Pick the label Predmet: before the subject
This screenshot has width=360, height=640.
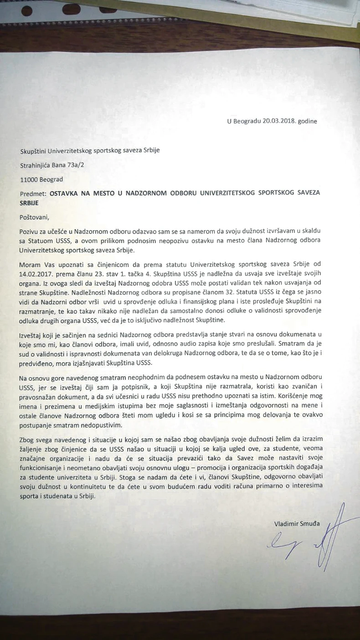coord(33,193)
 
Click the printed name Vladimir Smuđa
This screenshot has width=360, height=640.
coord(297,524)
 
